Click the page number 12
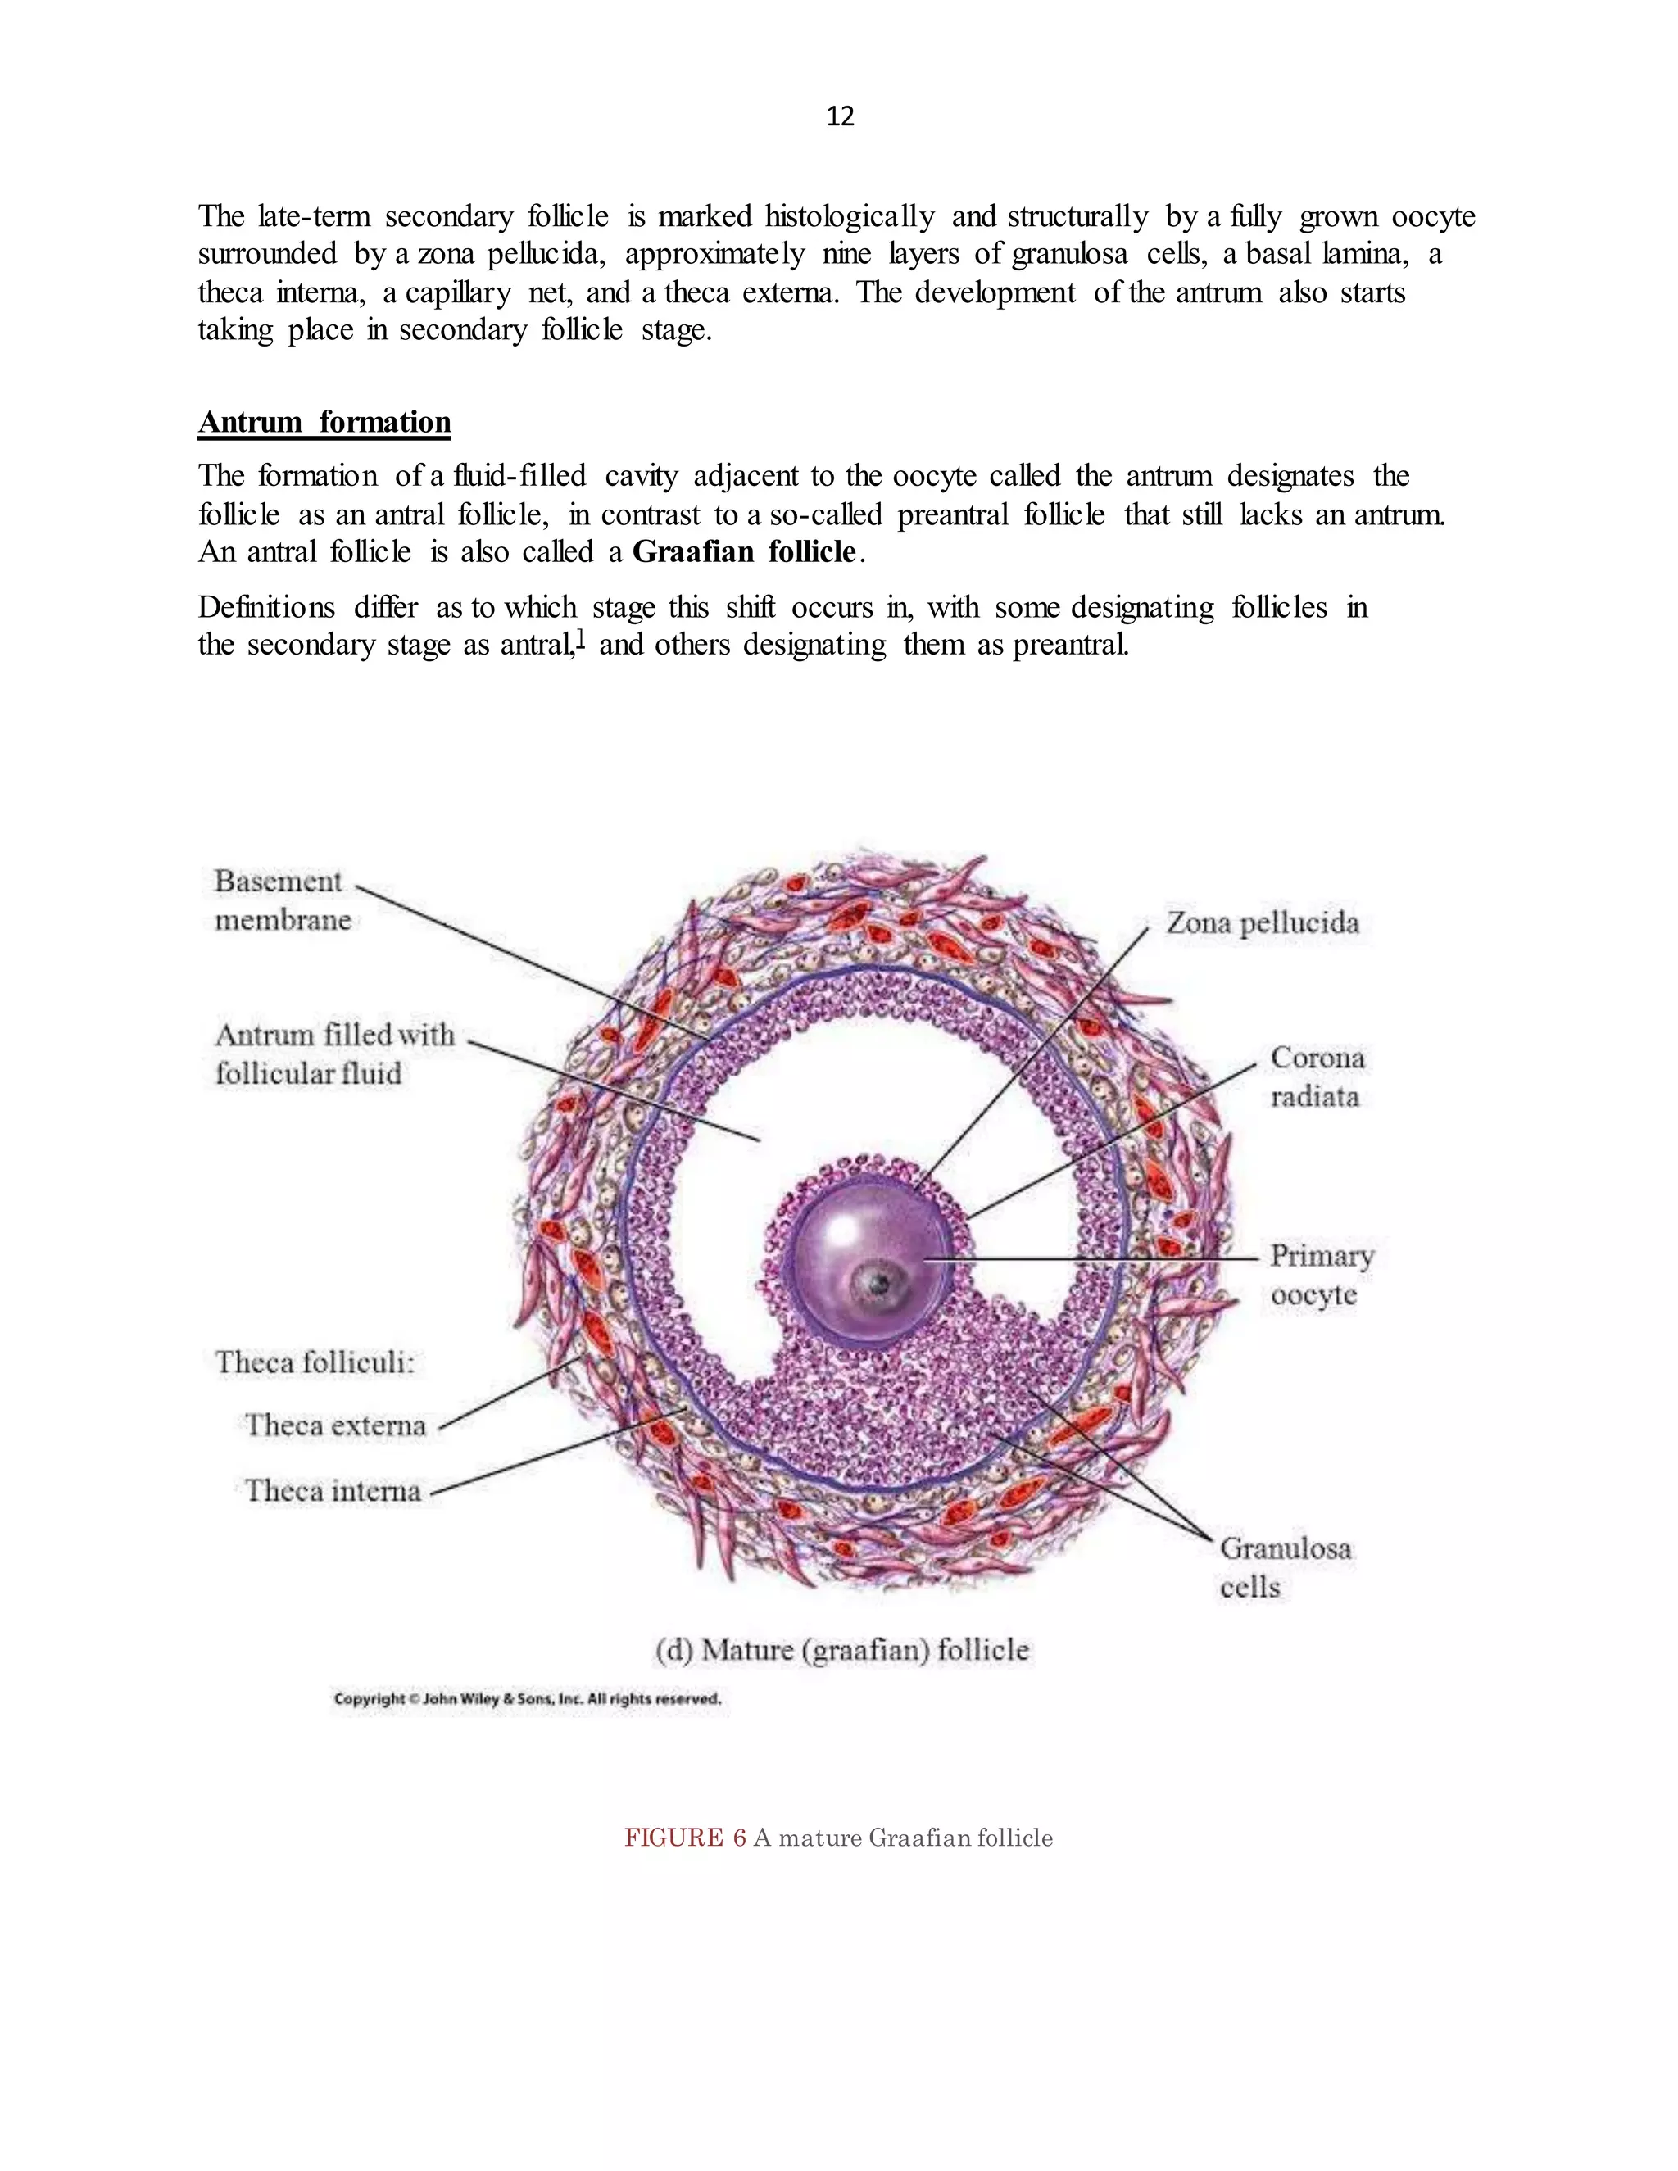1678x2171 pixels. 840,117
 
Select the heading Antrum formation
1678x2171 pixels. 324,423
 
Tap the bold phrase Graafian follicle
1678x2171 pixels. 744,551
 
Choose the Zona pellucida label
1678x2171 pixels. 1262,922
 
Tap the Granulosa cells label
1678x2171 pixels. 1285,1566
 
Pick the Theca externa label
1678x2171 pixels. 335,1425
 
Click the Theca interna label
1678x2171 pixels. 333,1491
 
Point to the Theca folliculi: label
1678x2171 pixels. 314,1362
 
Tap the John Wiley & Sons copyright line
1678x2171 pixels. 527,1699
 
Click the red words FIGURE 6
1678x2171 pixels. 684,1837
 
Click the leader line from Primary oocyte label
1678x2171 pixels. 1094,1258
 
